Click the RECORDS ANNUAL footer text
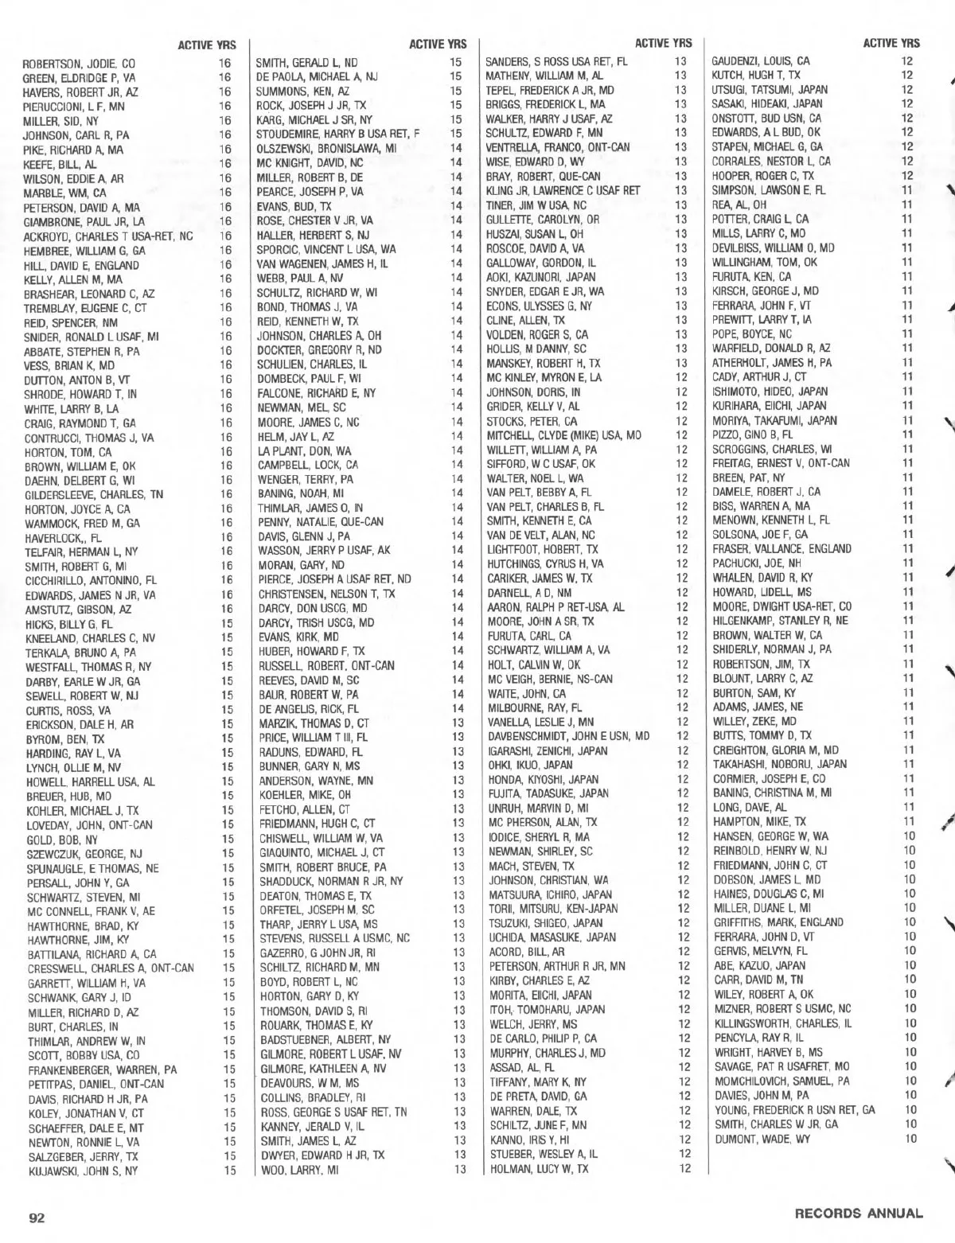point(859,1214)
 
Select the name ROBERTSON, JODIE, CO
point(79,64)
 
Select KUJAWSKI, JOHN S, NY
point(83,1171)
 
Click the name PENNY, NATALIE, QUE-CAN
point(321,522)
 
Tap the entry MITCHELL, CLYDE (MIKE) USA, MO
point(564,435)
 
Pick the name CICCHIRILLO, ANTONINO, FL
point(91,580)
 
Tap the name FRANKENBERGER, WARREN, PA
point(103,1070)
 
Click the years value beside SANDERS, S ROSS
point(680,60)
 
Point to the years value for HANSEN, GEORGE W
point(910,836)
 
